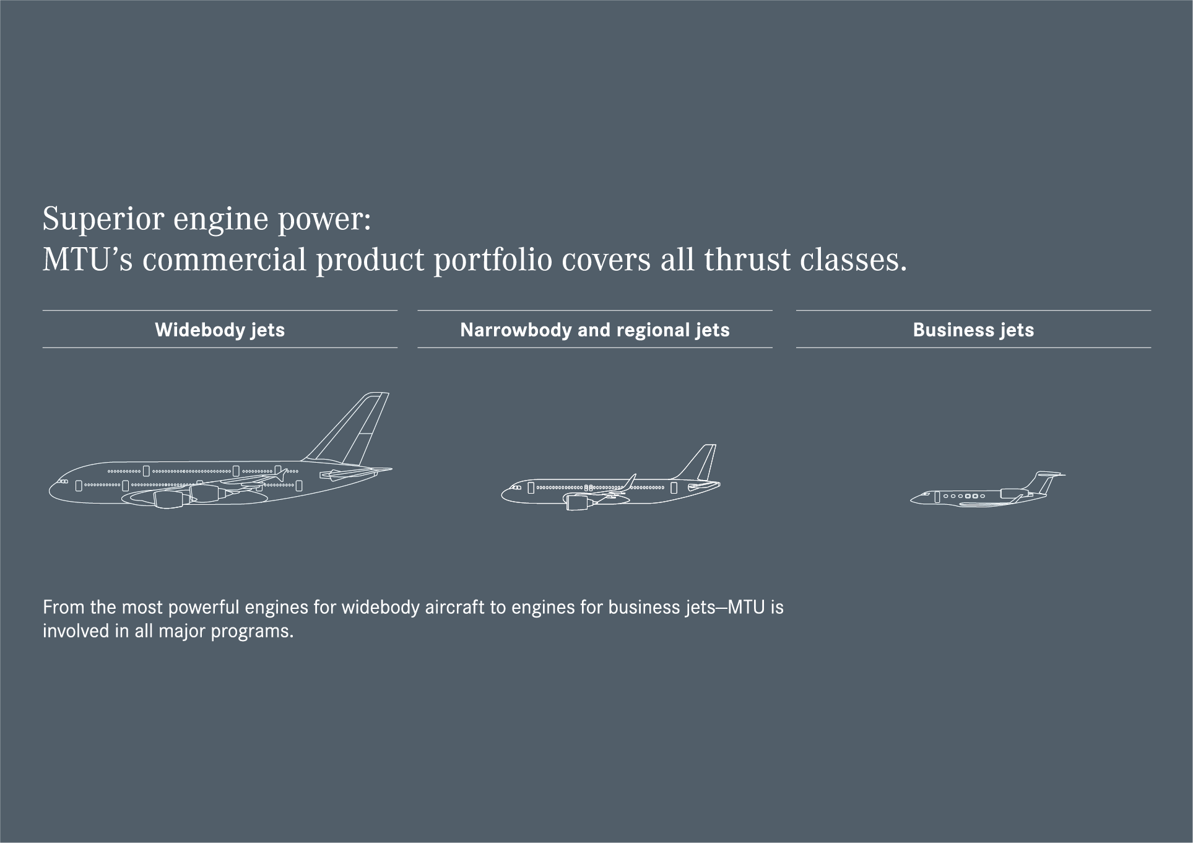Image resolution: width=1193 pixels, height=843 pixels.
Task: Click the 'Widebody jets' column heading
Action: pos(220,330)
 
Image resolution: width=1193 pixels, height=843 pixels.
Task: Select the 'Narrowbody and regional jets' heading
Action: pos(595,330)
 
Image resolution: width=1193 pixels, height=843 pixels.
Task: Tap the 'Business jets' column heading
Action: pos(973,330)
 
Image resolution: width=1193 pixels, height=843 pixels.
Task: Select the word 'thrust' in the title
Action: pos(746,259)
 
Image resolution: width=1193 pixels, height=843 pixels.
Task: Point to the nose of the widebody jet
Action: pos(52,489)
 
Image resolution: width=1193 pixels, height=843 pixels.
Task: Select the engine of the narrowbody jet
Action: pos(578,502)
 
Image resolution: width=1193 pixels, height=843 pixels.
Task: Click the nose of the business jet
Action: pos(913,499)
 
